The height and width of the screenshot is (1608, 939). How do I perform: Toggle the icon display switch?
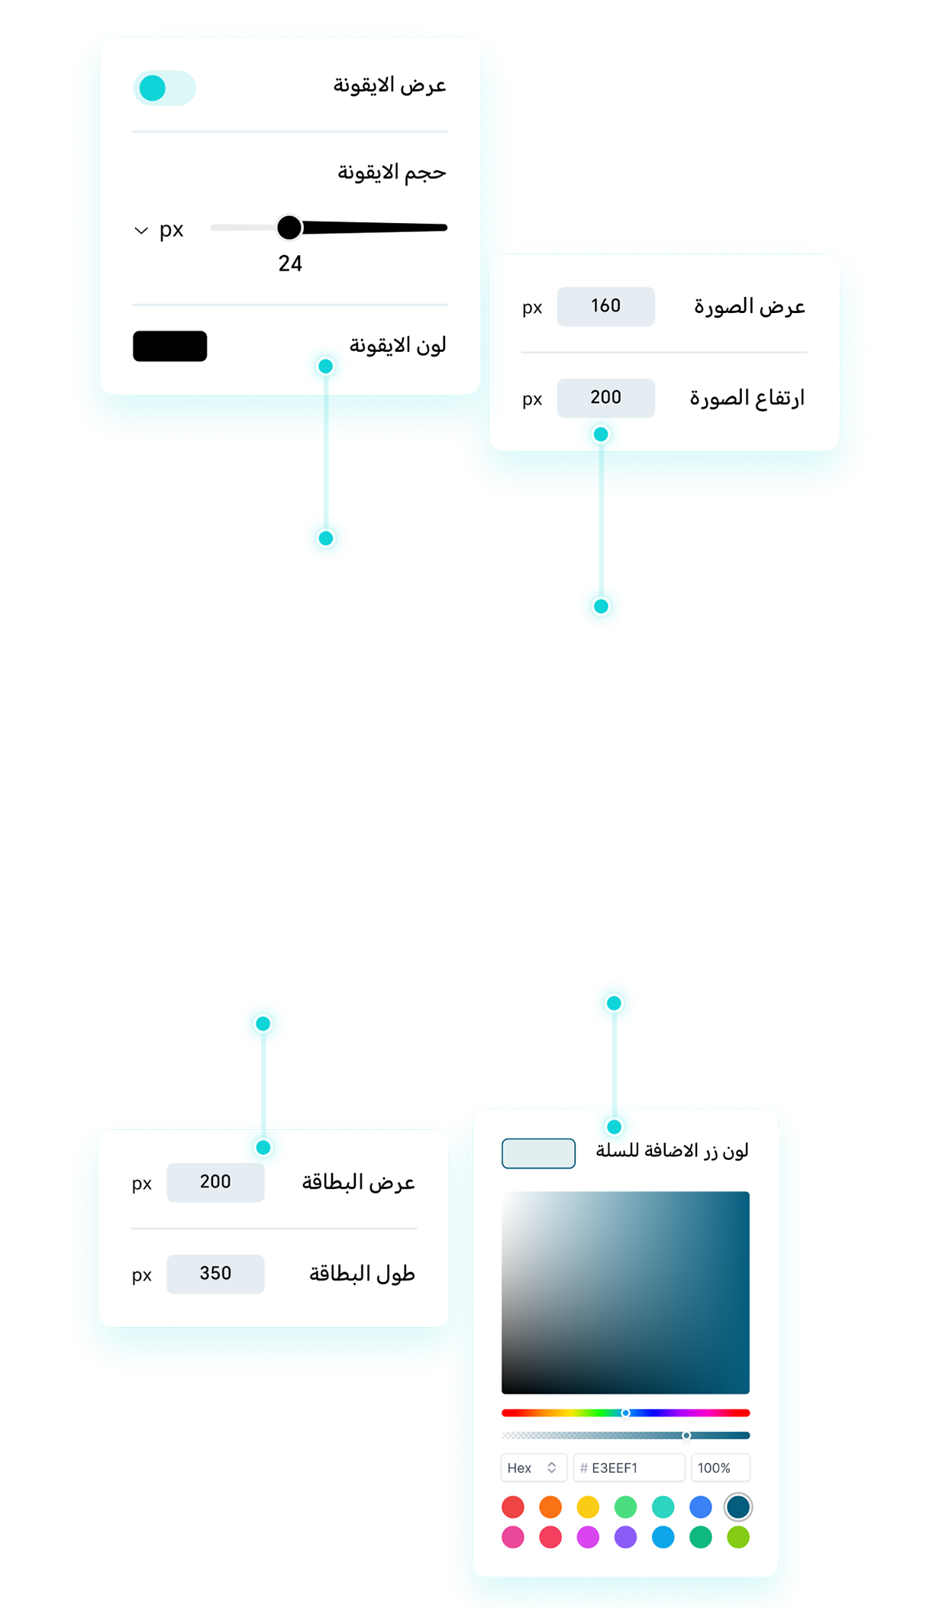[163, 88]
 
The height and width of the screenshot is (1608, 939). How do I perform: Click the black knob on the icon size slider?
[289, 227]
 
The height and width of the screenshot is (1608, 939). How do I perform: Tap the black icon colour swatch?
[169, 346]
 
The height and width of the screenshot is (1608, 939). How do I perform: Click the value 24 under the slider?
[290, 263]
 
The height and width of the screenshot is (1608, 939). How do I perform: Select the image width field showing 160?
[605, 306]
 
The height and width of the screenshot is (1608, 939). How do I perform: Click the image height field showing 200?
[605, 398]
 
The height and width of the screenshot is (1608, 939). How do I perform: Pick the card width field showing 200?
[215, 1182]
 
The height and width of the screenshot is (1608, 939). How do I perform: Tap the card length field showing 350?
[215, 1274]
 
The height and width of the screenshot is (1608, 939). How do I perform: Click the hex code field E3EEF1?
[629, 1468]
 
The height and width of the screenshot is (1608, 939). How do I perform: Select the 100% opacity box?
[719, 1468]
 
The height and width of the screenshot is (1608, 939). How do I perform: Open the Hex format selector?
[533, 1468]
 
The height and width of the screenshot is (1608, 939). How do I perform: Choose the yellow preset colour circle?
[588, 1506]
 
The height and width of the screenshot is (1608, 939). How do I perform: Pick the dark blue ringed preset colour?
[737, 1506]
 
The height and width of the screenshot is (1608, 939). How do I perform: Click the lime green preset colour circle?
[737, 1537]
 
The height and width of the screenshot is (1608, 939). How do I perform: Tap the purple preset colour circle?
[625, 1537]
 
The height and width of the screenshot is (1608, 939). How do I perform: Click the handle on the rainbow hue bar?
[625, 1413]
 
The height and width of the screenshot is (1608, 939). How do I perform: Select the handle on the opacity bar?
[686, 1435]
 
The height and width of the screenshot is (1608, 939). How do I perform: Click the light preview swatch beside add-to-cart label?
[538, 1153]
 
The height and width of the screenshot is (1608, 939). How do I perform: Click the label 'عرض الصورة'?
[749, 307]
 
